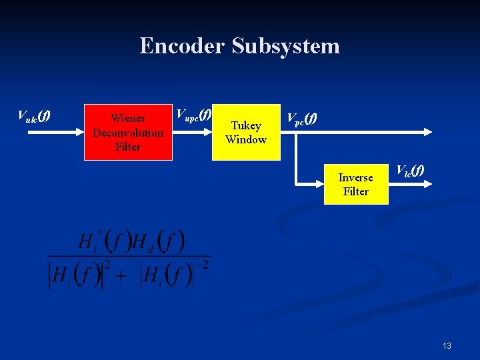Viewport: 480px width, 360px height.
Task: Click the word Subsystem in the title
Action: [x=286, y=46]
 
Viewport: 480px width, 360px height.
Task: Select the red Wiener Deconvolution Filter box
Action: [x=128, y=132]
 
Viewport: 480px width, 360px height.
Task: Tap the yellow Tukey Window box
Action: [x=246, y=132]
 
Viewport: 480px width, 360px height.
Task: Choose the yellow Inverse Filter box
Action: [x=355, y=184]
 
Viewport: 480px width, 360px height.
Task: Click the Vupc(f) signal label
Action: [x=193, y=114]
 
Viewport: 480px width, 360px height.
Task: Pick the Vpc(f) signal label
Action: [x=302, y=119]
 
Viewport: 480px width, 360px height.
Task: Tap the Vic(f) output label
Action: [x=410, y=171]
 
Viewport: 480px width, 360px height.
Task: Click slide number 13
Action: [x=446, y=345]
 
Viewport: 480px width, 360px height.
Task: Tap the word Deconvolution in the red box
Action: [x=128, y=133]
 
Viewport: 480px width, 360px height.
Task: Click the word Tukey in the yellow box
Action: [x=246, y=125]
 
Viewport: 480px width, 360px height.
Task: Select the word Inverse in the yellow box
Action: [x=355, y=177]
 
